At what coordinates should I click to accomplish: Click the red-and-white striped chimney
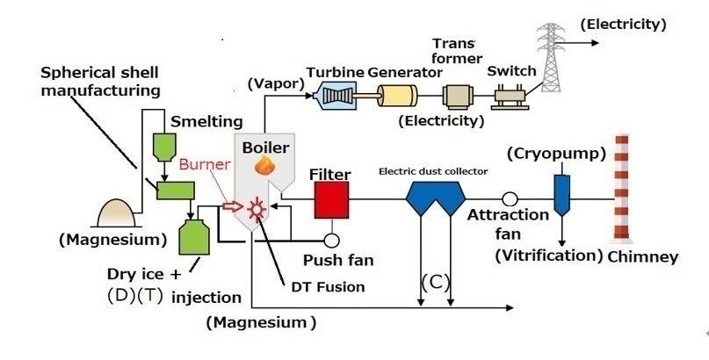pyautogui.click(x=624, y=189)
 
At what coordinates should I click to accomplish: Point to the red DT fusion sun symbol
pyautogui.click(x=257, y=208)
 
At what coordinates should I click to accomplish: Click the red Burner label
pyautogui.click(x=203, y=163)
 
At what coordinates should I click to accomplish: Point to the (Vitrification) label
pyautogui.click(x=546, y=256)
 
